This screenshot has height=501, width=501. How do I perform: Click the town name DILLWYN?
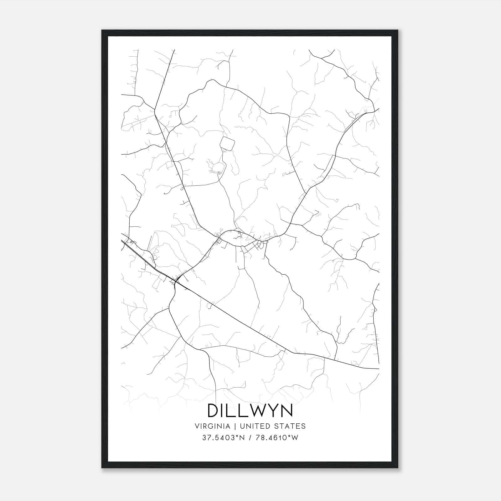(250, 411)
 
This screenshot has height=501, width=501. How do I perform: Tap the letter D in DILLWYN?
(214, 411)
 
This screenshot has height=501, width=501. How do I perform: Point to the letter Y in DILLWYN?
(273, 411)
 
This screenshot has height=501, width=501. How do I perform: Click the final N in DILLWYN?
(287, 411)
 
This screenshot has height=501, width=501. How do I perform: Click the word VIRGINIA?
(213, 426)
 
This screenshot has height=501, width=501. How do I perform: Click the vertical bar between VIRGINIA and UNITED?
(234, 426)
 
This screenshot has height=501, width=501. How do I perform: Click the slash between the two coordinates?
(251, 438)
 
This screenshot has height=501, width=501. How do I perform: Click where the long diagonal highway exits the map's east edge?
(379, 369)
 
